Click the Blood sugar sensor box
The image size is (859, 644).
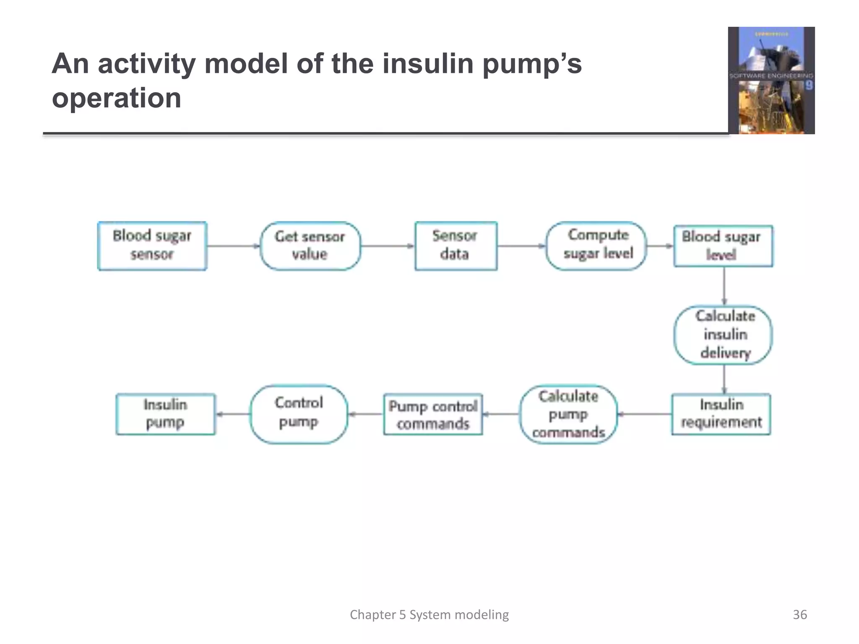click(x=152, y=246)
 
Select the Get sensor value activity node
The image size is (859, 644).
click(x=310, y=246)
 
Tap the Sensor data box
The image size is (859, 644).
click(x=456, y=246)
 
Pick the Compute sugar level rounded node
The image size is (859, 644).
click(x=596, y=246)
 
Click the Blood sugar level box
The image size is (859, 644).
click(x=723, y=246)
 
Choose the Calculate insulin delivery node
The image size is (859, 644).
click(x=723, y=335)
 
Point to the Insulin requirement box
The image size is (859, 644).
click(x=721, y=414)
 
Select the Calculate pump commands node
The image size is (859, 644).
click(x=568, y=414)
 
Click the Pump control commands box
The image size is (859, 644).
click(x=433, y=414)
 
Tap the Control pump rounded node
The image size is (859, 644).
click(x=299, y=414)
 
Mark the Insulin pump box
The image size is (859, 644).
click(x=165, y=414)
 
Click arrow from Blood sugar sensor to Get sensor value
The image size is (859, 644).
click(x=234, y=246)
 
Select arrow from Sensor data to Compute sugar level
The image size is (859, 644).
click(x=521, y=246)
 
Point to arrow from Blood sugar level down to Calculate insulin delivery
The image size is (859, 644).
click(x=724, y=286)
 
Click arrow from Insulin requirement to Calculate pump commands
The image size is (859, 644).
click(x=645, y=414)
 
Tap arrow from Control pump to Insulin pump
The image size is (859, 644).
click(x=233, y=414)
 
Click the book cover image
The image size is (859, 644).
click(x=771, y=80)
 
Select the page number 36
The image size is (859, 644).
click(x=799, y=615)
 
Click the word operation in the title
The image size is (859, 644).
click(x=117, y=98)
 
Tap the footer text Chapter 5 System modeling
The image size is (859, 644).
click(x=429, y=615)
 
